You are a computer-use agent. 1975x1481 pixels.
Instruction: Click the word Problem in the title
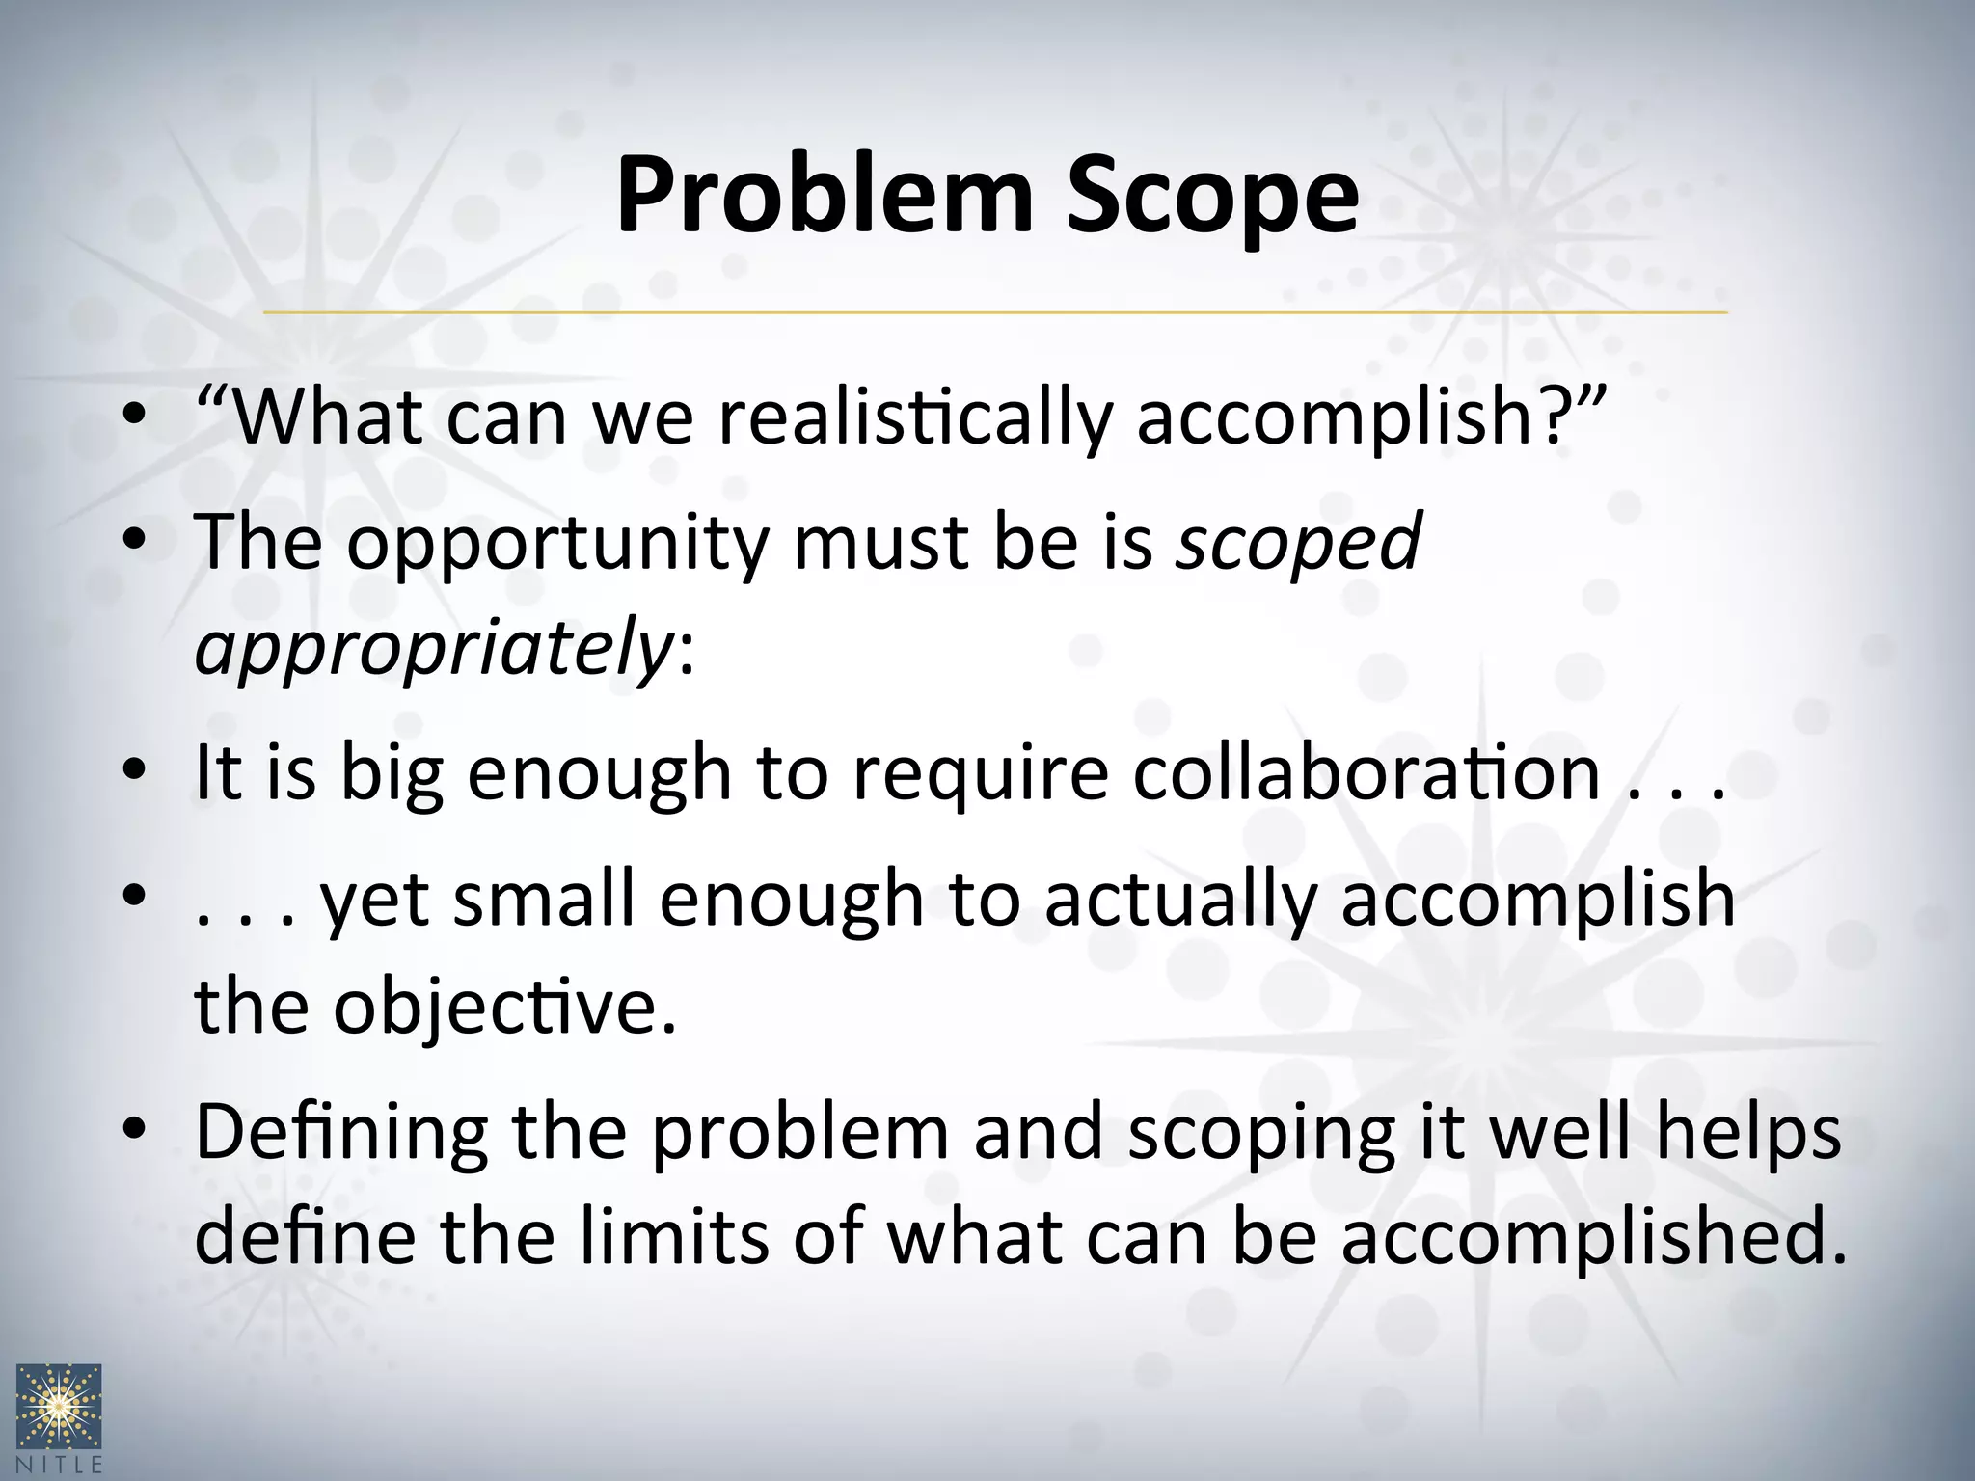pos(825,198)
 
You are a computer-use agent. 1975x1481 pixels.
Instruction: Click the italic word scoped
pos(1297,543)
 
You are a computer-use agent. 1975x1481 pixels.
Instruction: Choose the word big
pos(392,774)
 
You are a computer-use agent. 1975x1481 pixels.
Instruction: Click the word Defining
pos(341,1133)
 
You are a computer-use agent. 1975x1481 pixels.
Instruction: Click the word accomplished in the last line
pos(1591,1239)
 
